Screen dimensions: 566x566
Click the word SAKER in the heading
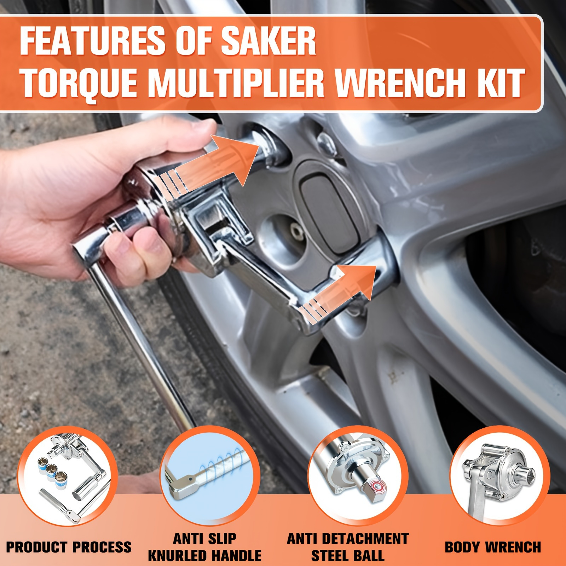pyautogui.click(x=268, y=42)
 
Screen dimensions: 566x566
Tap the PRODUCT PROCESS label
pyautogui.click(x=69, y=547)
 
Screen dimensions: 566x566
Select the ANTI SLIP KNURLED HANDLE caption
pyautogui.click(x=204, y=547)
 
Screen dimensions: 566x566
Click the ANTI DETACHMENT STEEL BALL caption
pyautogui.click(x=348, y=547)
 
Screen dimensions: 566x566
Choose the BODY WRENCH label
pyautogui.click(x=493, y=547)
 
